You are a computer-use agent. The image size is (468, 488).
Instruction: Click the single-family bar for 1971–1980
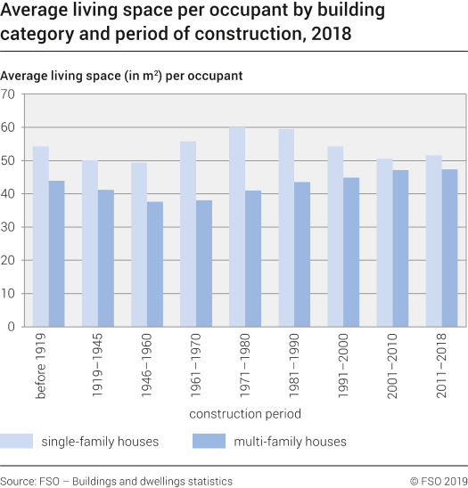click(237, 227)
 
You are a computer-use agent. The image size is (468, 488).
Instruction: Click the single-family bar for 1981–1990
click(286, 228)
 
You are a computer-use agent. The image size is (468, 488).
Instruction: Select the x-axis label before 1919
click(42, 366)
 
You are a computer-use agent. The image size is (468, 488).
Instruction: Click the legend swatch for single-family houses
click(16, 440)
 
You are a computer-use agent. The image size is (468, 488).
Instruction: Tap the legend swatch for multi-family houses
click(208, 440)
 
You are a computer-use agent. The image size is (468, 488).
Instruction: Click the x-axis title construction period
click(244, 413)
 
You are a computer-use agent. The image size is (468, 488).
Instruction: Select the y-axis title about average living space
click(121, 76)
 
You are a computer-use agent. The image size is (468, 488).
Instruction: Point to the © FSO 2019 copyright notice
click(438, 481)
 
